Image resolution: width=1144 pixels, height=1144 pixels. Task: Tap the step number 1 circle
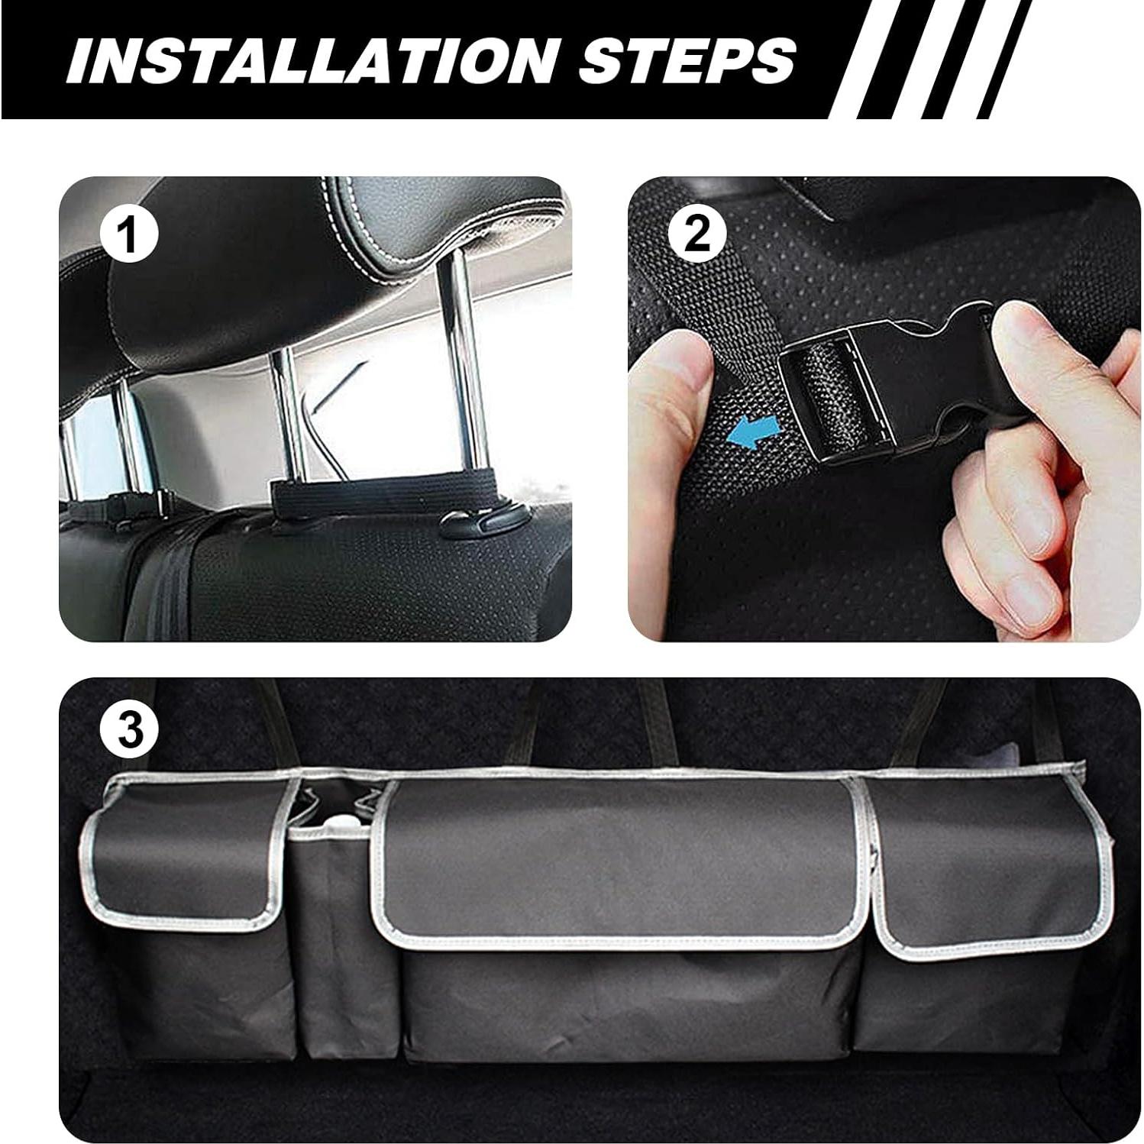(130, 234)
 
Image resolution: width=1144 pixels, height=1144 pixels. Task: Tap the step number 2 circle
(696, 234)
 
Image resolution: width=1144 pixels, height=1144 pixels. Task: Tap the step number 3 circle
(130, 729)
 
